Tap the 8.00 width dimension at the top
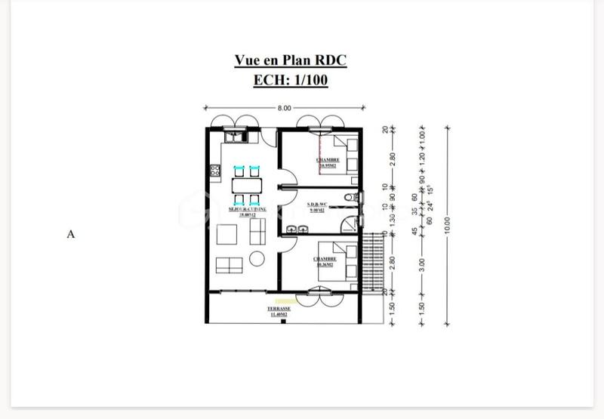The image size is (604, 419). coord(284,109)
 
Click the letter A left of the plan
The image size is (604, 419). coord(71,234)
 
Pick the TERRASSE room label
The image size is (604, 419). coord(279,309)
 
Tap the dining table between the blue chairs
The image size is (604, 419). coord(247,185)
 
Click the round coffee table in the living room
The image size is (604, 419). coord(257,259)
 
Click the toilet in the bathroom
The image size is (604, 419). coord(348,198)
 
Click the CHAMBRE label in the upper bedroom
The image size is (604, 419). coord(328,160)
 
